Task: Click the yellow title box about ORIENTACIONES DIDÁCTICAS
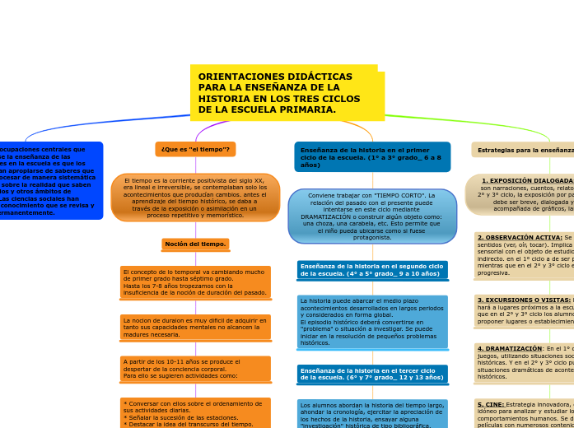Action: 287,92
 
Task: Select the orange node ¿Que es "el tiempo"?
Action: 195,149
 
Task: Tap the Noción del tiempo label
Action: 195,244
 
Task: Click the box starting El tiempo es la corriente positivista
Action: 195,198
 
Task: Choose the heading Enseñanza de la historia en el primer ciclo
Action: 371,156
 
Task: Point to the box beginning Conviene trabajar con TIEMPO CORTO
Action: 372,216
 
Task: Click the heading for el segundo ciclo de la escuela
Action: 372,270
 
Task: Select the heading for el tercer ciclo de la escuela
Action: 372,374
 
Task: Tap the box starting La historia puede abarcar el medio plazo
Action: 372,322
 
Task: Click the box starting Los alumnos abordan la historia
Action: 372,414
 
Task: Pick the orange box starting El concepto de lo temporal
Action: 195,281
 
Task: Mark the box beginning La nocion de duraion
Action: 195,327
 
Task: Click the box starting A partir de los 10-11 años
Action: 195,368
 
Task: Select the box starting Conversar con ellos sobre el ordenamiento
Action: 195,413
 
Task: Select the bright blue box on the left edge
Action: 49,180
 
